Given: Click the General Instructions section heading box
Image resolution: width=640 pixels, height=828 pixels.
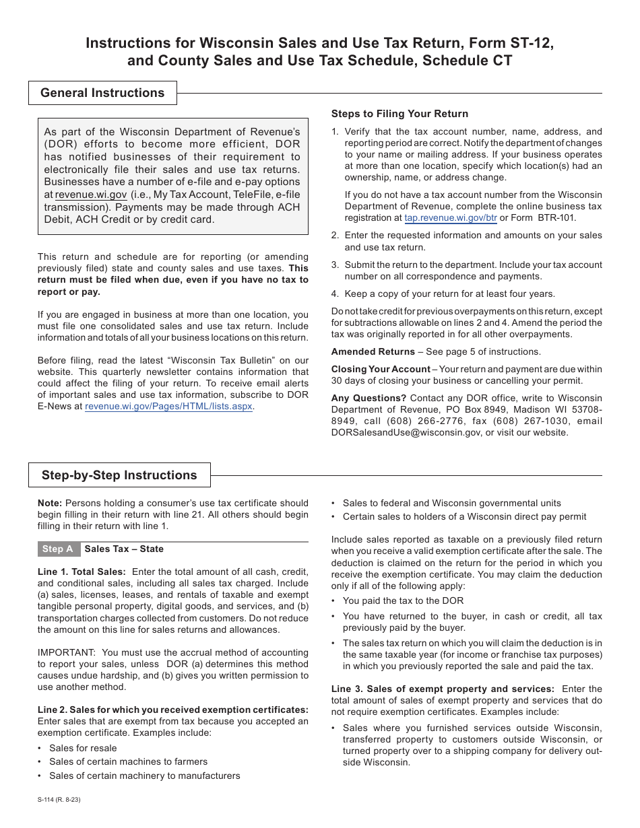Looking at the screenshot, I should [x=102, y=93].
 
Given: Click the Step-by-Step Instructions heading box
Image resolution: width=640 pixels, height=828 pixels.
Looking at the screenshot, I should [x=119, y=475].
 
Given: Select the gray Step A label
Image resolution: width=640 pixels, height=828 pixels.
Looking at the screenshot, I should [x=58, y=549].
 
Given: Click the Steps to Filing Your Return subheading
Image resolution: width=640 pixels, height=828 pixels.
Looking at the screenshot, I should [x=399, y=114].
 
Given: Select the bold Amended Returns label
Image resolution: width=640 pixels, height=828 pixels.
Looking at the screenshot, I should [x=373, y=351].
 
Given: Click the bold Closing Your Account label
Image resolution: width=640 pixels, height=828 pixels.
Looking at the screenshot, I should [x=381, y=369].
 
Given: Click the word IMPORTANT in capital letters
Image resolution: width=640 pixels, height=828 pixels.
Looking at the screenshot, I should [x=67, y=652].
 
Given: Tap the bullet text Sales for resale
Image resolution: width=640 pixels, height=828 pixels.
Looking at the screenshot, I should [x=83, y=748].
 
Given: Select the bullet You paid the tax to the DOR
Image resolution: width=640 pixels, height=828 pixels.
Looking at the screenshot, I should [x=403, y=600].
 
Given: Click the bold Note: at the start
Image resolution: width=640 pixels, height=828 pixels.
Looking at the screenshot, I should [x=50, y=503].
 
